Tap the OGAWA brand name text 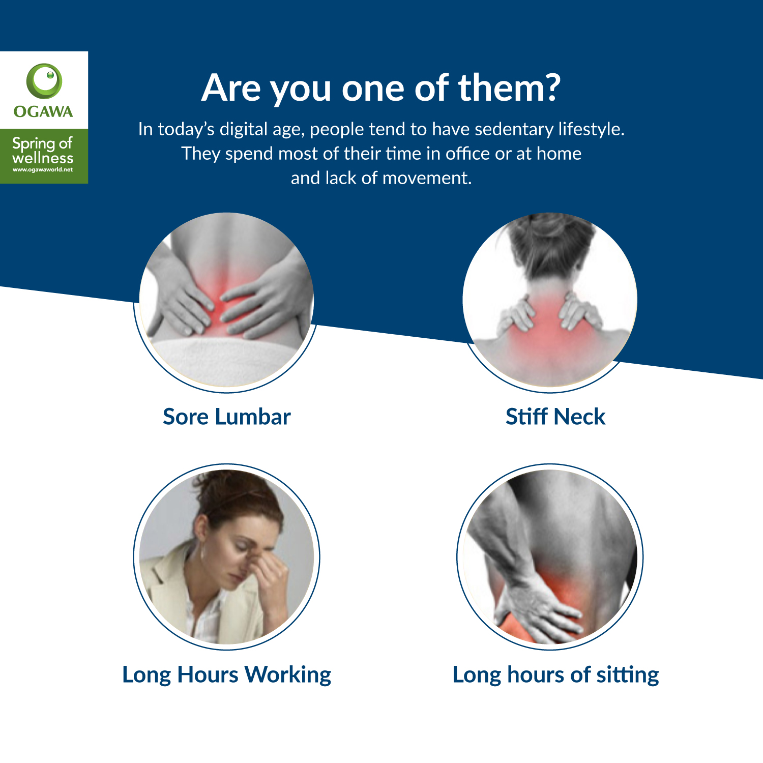pos(43,111)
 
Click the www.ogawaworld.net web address pos(43,170)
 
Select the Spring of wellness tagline pos(43,151)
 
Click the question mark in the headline pos(550,88)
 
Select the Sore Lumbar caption pos(227,417)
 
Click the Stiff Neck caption pos(555,417)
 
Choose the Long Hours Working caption pos(227,675)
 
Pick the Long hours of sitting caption pos(556,675)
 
